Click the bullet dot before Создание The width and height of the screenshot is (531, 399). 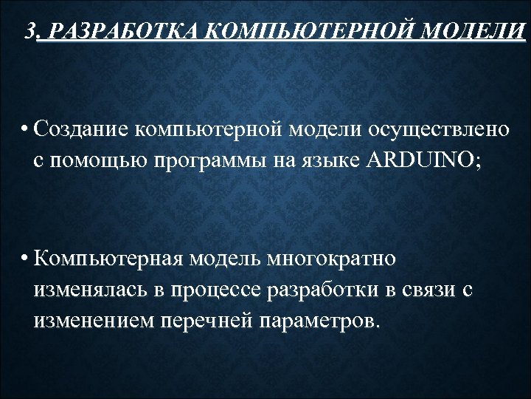pyautogui.click(x=25, y=129)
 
